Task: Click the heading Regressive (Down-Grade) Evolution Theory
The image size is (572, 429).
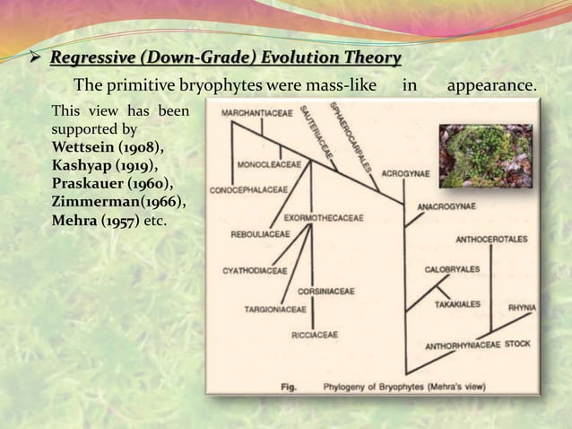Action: click(x=225, y=59)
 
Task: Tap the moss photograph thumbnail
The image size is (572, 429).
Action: click(x=485, y=155)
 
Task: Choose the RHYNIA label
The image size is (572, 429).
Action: click(x=522, y=308)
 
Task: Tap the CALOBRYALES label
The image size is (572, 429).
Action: click(x=452, y=268)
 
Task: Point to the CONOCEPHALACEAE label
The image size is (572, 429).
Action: click(x=248, y=190)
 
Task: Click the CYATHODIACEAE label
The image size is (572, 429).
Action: click(x=255, y=269)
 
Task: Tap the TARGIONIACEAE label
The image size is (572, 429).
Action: click(x=275, y=310)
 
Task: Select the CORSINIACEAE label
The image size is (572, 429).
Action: click(x=325, y=291)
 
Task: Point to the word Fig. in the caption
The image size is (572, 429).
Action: click(x=289, y=388)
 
